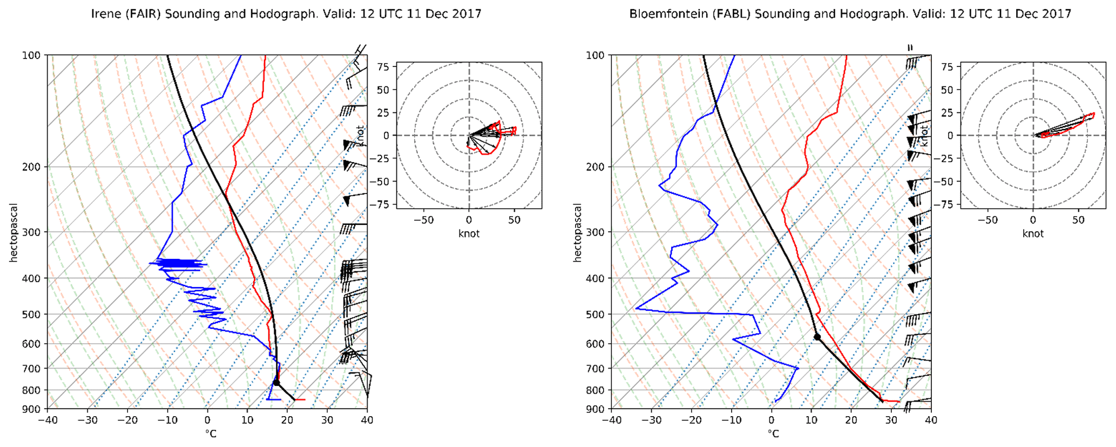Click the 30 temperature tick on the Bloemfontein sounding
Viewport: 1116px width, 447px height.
click(891, 420)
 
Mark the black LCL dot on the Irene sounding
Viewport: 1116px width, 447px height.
click(276, 383)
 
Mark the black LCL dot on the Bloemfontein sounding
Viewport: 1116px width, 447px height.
click(817, 337)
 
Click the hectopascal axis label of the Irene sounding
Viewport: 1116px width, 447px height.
click(13, 232)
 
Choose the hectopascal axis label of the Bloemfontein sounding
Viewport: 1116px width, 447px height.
click(577, 232)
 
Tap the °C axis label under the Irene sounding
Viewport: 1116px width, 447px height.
click(211, 434)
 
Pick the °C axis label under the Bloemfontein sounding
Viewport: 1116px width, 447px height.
click(774, 434)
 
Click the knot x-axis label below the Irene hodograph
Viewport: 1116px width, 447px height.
click(469, 233)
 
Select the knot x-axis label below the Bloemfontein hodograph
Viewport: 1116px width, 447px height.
click(1033, 233)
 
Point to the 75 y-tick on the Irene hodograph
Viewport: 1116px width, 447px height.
click(383, 66)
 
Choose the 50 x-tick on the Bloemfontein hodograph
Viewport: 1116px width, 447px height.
click(1078, 221)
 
